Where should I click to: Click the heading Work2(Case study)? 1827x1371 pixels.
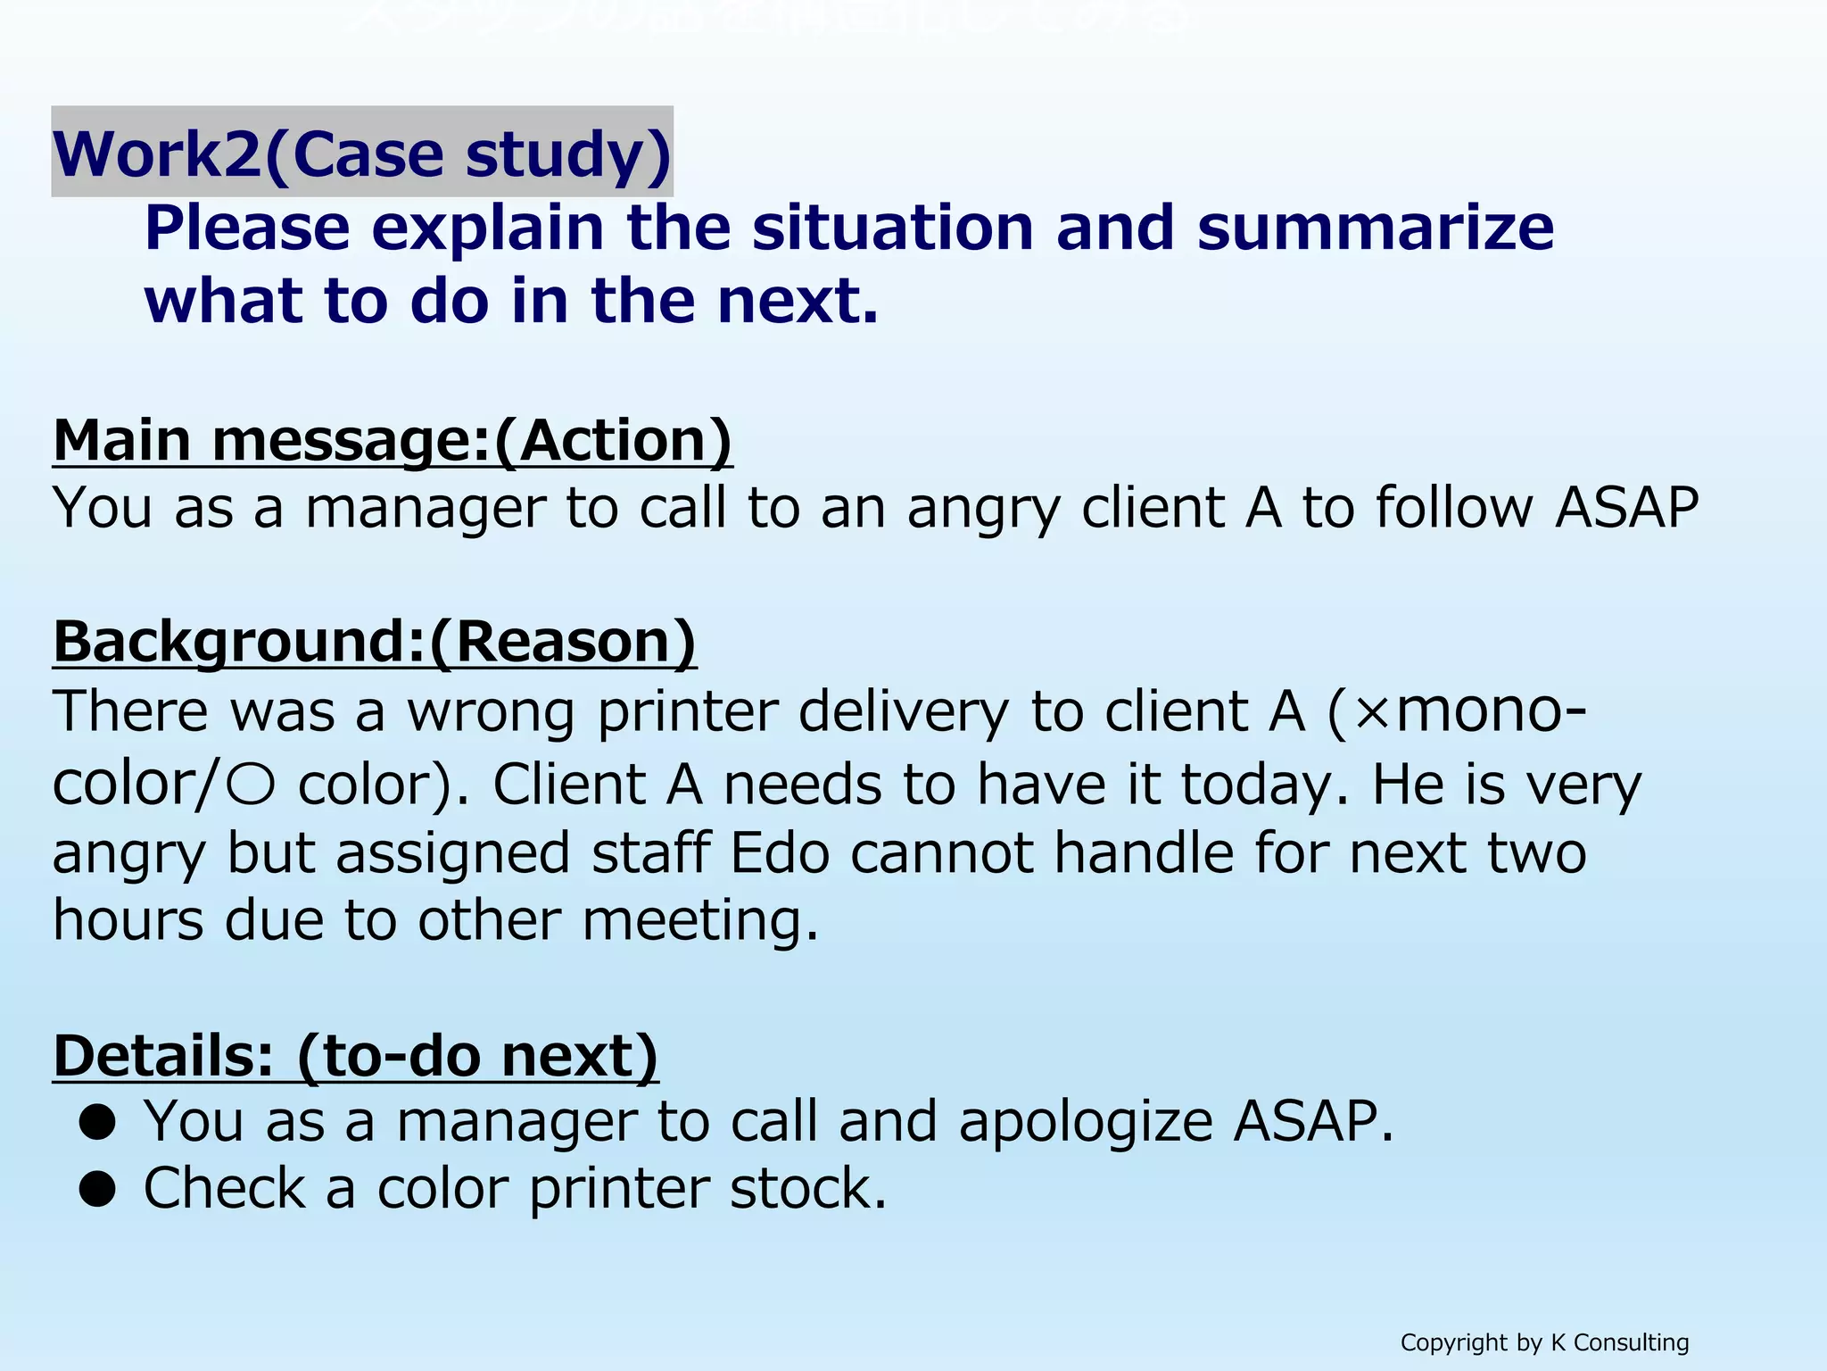tap(361, 154)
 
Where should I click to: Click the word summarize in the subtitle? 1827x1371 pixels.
tap(1375, 228)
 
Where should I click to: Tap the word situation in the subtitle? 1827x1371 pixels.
tap(892, 228)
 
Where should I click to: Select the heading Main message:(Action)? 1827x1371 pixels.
tap(393, 440)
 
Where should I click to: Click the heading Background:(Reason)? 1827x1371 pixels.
tap(375, 641)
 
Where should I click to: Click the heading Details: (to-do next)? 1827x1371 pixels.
tap(355, 1056)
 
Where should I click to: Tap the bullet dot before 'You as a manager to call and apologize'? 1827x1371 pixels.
tap(97, 1123)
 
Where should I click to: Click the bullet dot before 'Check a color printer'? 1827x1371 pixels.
tap(97, 1190)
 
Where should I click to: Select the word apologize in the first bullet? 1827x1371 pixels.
tap(1085, 1123)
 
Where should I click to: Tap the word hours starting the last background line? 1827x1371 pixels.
tap(128, 920)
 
